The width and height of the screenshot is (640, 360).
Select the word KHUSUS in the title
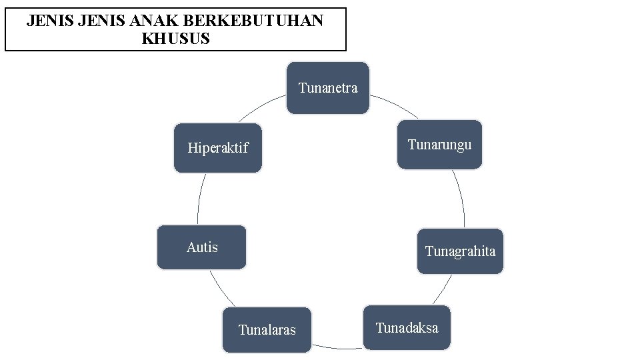point(176,39)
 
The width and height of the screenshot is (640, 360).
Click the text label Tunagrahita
point(460,251)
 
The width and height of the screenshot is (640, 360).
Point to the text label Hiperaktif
point(218,148)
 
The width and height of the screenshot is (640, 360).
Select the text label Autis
point(202,247)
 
